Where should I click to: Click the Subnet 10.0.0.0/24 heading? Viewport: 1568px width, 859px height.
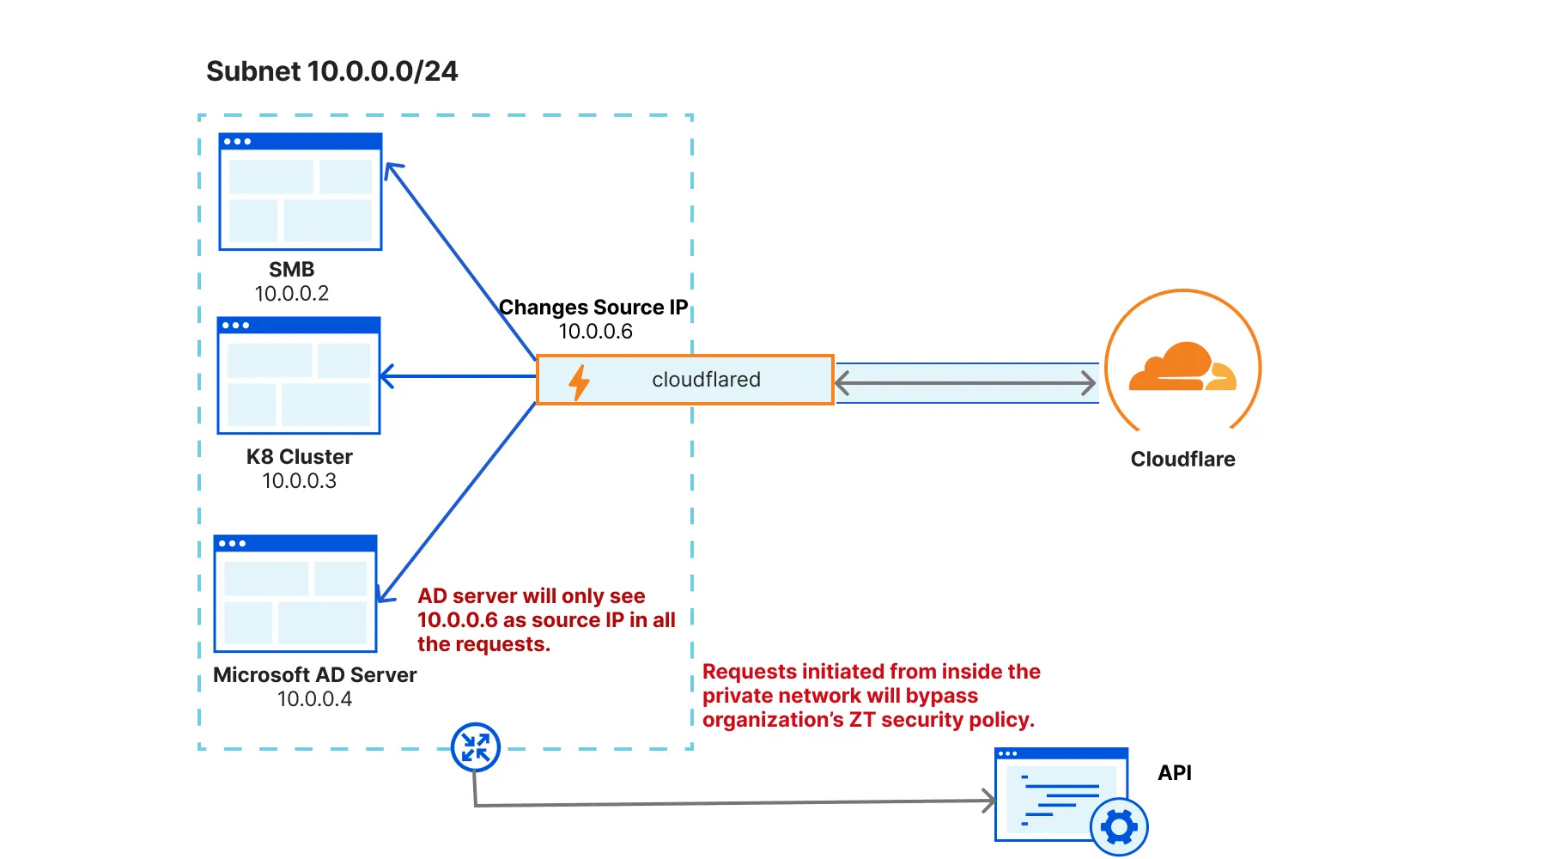click(x=331, y=71)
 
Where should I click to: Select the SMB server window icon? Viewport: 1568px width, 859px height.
click(x=301, y=192)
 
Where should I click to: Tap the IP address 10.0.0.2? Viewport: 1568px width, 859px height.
click(x=292, y=294)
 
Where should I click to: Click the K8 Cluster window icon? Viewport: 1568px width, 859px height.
click(x=299, y=376)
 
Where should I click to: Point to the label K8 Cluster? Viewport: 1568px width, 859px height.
click(x=299, y=457)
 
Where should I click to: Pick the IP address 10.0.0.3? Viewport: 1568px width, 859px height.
click(x=299, y=481)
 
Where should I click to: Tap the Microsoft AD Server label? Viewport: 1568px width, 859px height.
click(x=314, y=675)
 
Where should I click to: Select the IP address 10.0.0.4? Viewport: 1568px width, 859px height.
click(x=314, y=699)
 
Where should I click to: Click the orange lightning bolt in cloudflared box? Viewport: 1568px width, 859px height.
click(x=580, y=382)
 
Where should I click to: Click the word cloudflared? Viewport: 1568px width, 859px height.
click(x=706, y=380)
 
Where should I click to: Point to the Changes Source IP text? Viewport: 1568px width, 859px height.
click(x=593, y=308)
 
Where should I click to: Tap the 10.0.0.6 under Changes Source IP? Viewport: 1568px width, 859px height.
click(x=595, y=332)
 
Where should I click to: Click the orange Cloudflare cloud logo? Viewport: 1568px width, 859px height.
click(x=1182, y=368)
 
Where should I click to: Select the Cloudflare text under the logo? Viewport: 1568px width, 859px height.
click(x=1182, y=460)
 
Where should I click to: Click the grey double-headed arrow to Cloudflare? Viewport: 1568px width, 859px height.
click(x=965, y=383)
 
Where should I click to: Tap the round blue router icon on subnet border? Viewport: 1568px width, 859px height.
click(x=476, y=747)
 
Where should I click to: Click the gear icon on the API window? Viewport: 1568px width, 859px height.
click(x=1119, y=827)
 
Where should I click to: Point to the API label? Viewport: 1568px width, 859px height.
click(x=1174, y=773)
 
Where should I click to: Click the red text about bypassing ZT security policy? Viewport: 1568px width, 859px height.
click(x=871, y=696)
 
